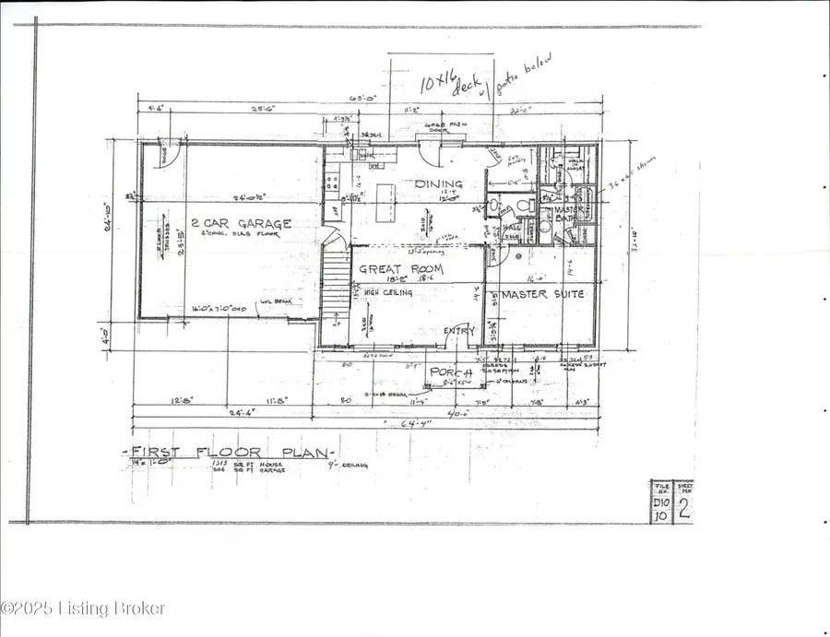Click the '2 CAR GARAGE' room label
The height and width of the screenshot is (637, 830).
coord(241,223)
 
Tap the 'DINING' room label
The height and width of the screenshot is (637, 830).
coord(438,184)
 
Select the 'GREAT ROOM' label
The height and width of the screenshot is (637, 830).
coord(402,269)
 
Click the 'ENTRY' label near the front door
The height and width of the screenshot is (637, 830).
coord(458,331)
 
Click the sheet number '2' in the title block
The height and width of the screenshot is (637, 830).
coord(684,511)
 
